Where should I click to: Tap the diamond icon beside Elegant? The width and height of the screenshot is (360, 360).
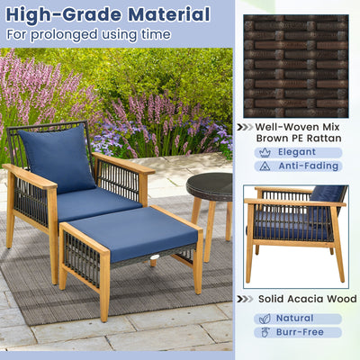click(264, 152)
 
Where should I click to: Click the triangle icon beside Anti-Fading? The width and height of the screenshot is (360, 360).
click(264, 166)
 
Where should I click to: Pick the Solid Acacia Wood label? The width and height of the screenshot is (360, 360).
click(307, 299)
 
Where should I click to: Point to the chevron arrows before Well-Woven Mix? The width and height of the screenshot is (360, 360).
click(244, 127)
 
